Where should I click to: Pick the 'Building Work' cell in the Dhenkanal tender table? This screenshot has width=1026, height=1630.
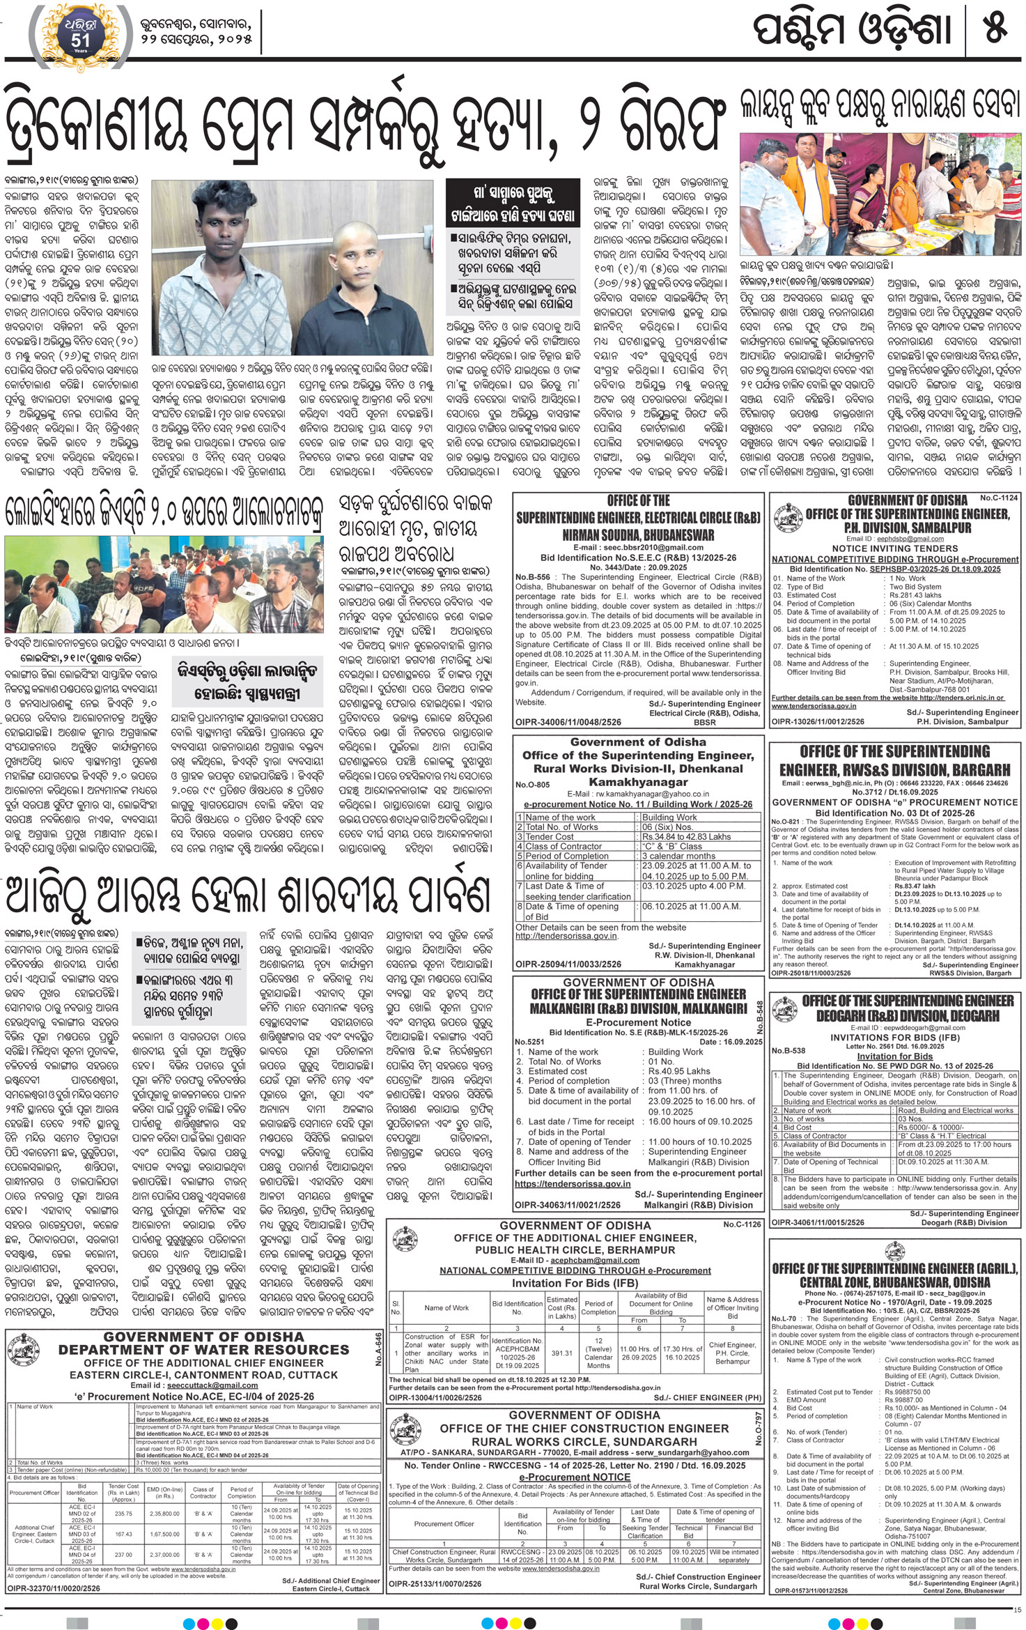pos(669,817)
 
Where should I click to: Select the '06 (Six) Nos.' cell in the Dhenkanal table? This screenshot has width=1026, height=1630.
pos(670,826)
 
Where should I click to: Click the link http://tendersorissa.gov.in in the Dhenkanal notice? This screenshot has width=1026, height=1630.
pos(566,936)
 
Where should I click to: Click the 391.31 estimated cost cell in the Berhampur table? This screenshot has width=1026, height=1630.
pos(561,1353)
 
